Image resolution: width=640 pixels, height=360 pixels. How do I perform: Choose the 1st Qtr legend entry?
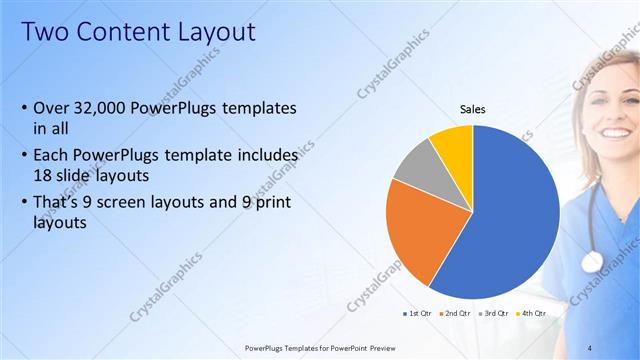tap(417, 313)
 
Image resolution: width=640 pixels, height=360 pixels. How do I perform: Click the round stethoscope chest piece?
tap(592, 262)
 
